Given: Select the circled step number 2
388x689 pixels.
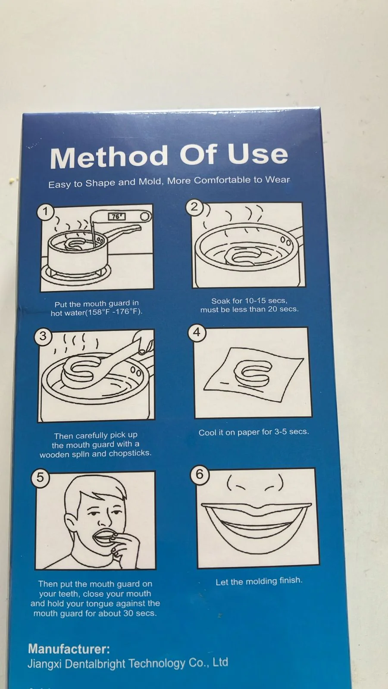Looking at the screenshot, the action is point(194,207).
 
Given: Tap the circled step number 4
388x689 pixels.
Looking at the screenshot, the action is point(197,332).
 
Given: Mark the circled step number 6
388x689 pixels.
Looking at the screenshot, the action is point(200,475).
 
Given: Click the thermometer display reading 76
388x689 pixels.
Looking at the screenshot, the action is point(117,217).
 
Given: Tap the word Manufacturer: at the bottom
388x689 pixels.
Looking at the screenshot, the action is point(69,649).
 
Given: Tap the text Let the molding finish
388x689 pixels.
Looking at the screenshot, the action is point(259,581).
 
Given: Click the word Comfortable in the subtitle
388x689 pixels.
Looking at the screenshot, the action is point(222,180).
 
